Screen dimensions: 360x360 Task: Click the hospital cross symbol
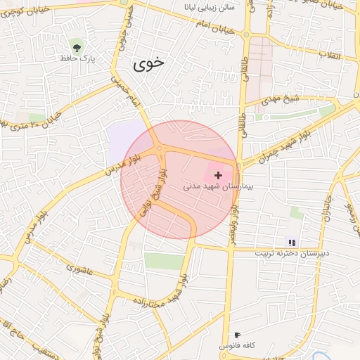(218, 174)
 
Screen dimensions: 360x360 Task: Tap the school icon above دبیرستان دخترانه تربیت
(292, 243)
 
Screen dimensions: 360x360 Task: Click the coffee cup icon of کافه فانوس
(237, 335)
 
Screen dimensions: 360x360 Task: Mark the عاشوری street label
(79, 268)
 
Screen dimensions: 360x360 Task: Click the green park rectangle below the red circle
(163, 261)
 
